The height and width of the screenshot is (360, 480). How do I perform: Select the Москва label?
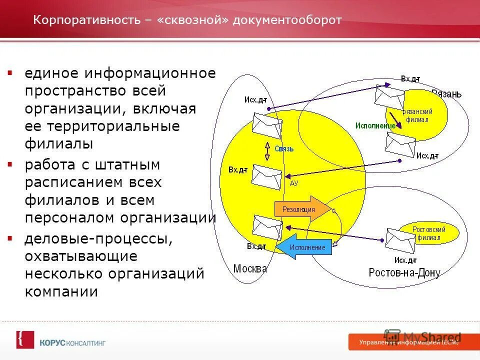[x=250, y=268]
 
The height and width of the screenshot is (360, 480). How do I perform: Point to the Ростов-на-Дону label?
[x=404, y=272]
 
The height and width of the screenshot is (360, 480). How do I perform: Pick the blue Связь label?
[x=284, y=148]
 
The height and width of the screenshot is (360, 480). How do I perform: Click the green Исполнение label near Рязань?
[x=375, y=125]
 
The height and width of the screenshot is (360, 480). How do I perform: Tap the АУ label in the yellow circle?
[x=294, y=183]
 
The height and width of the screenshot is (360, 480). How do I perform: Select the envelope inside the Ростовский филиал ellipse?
[x=400, y=241]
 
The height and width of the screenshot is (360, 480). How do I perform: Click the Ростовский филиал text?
[x=428, y=233]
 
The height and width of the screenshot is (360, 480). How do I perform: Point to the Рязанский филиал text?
[x=417, y=115]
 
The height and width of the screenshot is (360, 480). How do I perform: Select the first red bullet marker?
[x=9, y=73]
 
